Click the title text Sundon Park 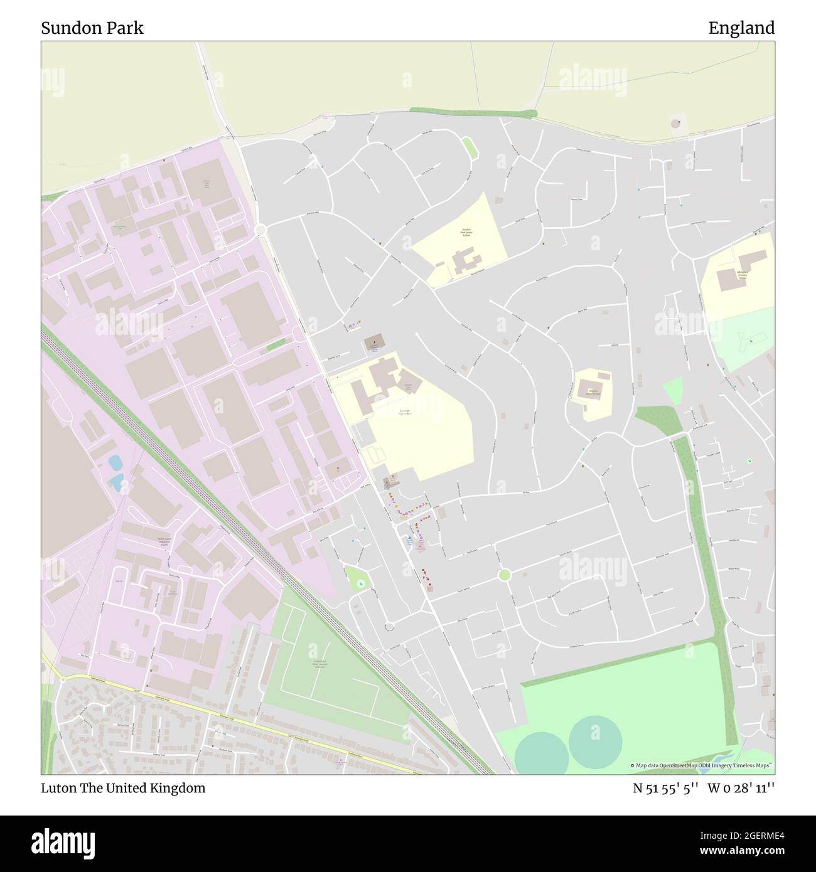click(x=92, y=28)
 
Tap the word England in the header click(x=741, y=28)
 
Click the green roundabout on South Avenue click(x=504, y=575)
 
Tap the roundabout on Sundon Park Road click(x=262, y=230)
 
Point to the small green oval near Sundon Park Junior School click(x=468, y=148)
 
